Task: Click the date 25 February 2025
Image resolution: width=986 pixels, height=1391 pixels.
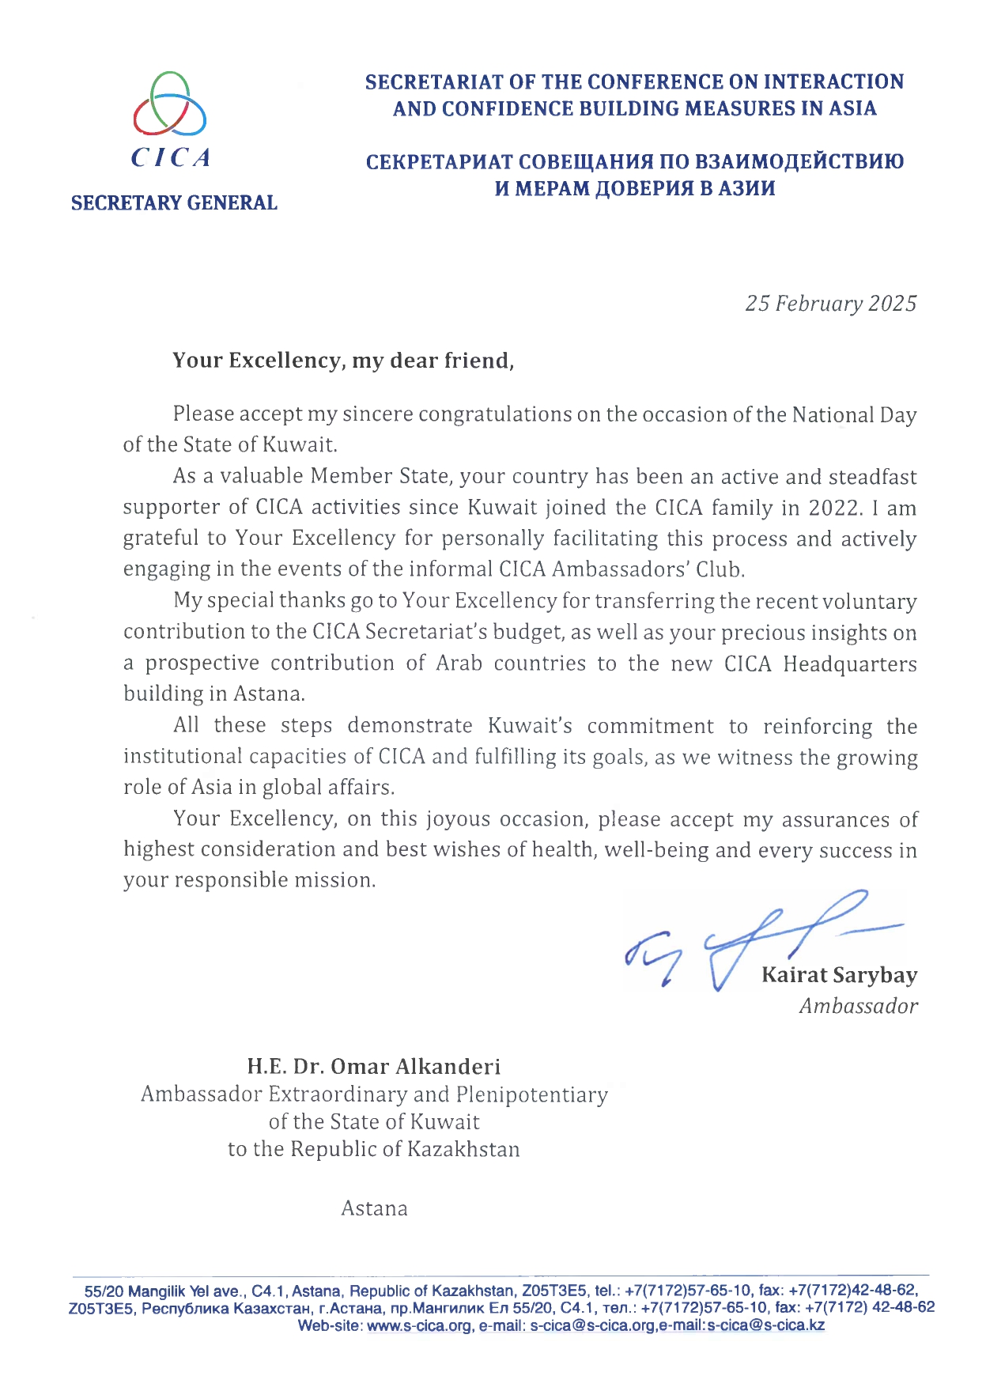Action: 830,304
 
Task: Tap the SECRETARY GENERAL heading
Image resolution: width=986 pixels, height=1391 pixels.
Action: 174,203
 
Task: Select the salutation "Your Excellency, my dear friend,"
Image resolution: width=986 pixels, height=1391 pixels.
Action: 343,361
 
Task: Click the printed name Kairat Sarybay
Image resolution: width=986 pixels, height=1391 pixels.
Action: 839,975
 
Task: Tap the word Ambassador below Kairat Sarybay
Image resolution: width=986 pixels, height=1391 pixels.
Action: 858,1006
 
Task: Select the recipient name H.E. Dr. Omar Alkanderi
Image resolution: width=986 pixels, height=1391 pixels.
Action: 373,1067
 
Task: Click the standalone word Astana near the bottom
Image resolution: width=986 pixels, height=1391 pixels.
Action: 374,1208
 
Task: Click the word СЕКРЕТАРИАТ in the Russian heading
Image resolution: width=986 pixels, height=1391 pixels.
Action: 437,162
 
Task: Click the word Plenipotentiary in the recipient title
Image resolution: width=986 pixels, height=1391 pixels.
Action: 532,1094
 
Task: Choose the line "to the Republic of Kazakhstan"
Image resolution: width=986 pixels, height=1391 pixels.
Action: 373,1149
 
